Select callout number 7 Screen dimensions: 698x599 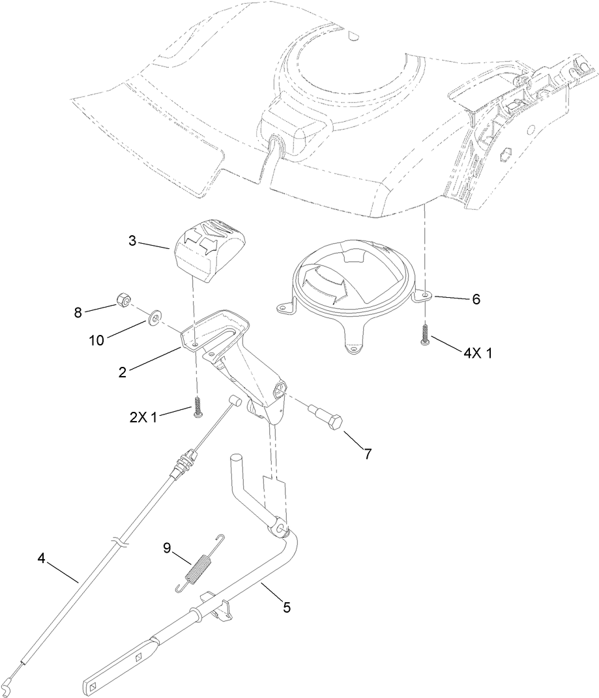pos(368,454)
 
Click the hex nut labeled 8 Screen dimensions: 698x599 pos(121,300)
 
